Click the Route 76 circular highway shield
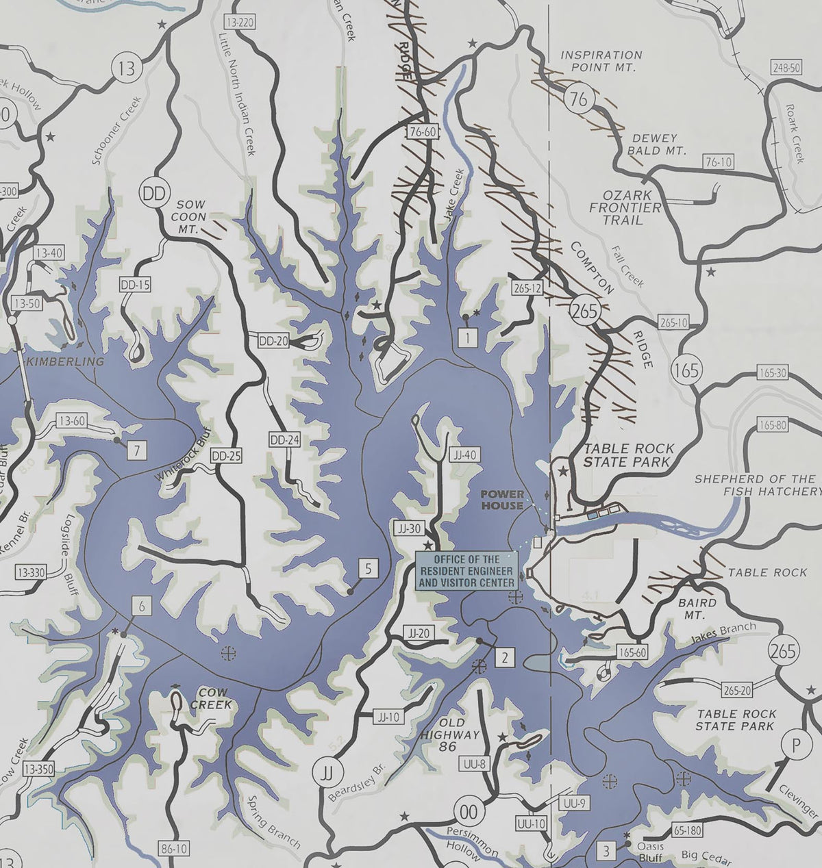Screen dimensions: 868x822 (x=579, y=100)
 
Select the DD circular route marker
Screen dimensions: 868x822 (x=153, y=194)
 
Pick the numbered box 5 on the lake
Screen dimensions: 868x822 (x=368, y=568)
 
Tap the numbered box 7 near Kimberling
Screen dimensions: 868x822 (x=137, y=450)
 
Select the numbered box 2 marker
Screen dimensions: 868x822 (x=504, y=658)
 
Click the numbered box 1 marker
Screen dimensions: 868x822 (x=467, y=336)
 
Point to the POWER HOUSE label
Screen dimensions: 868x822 (x=502, y=500)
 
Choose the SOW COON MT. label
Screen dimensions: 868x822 (x=191, y=217)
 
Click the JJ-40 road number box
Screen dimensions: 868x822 (x=464, y=454)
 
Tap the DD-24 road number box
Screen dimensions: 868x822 (x=284, y=440)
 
